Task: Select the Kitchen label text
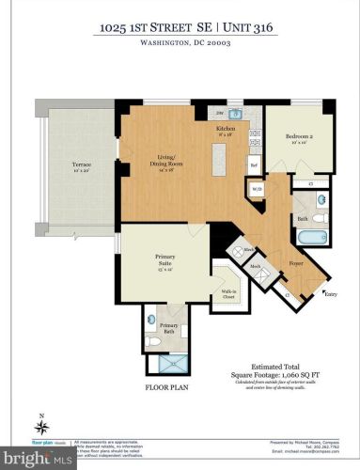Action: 226,128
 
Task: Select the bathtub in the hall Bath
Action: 316,238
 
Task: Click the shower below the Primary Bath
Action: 172,364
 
